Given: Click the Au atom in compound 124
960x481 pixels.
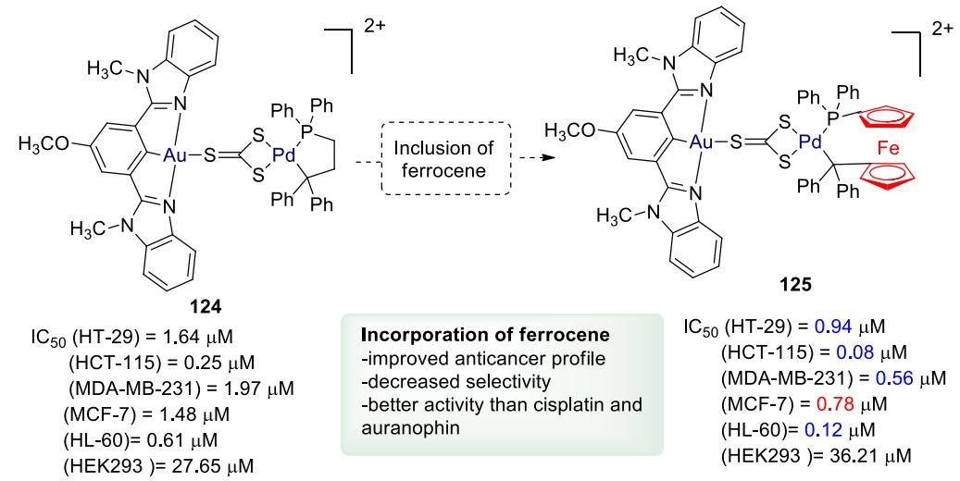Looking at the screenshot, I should [175, 158].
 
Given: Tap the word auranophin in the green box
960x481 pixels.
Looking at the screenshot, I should [400, 431].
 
